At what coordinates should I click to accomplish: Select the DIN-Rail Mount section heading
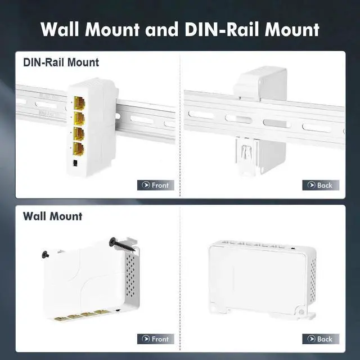point(61,62)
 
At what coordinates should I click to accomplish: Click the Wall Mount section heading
point(52,216)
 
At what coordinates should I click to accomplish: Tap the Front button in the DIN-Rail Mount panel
point(155,185)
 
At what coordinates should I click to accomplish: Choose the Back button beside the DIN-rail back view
point(321,185)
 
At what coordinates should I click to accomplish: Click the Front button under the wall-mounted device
point(155,339)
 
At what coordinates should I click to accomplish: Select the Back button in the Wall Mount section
point(321,339)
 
